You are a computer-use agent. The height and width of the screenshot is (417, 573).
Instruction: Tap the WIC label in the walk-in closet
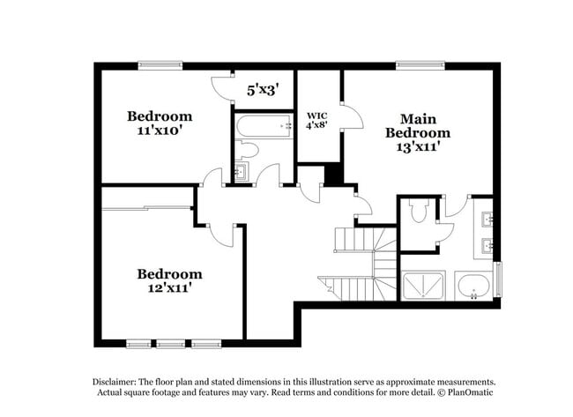pyautogui.click(x=316, y=115)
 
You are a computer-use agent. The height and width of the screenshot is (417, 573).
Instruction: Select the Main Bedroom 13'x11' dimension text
pyautogui.click(x=418, y=147)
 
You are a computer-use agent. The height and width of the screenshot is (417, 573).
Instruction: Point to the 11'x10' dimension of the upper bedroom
pyautogui.click(x=160, y=130)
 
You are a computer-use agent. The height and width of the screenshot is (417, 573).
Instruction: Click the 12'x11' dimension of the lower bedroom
pyautogui.click(x=170, y=288)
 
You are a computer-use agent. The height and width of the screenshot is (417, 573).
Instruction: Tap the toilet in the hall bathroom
pyautogui.click(x=246, y=150)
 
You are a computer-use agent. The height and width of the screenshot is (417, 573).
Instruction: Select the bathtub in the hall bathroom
pyautogui.click(x=264, y=126)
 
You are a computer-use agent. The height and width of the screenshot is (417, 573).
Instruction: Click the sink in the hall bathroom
pyautogui.click(x=242, y=171)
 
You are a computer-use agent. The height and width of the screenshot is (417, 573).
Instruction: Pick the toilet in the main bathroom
pyautogui.click(x=418, y=211)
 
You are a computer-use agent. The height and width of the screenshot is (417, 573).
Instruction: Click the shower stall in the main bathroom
pyautogui.click(x=423, y=285)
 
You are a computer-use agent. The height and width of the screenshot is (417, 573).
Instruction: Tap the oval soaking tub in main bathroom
pyautogui.click(x=474, y=286)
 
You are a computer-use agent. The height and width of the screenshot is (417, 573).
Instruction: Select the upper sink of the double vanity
pyautogui.click(x=487, y=220)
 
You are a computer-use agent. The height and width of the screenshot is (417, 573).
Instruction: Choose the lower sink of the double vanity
pyautogui.click(x=487, y=246)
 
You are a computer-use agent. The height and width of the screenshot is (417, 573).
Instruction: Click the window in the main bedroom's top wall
pyautogui.click(x=420, y=65)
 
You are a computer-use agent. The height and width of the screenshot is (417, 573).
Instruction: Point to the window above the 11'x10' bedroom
pyautogui.click(x=160, y=65)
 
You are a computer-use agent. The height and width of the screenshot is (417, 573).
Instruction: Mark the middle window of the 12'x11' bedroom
pyautogui.click(x=171, y=344)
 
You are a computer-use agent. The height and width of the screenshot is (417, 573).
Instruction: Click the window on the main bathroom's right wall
pyautogui.click(x=498, y=279)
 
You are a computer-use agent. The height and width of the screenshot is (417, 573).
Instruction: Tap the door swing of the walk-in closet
pyautogui.click(x=353, y=116)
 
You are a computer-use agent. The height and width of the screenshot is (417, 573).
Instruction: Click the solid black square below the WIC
pyautogui.click(x=333, y=175)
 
